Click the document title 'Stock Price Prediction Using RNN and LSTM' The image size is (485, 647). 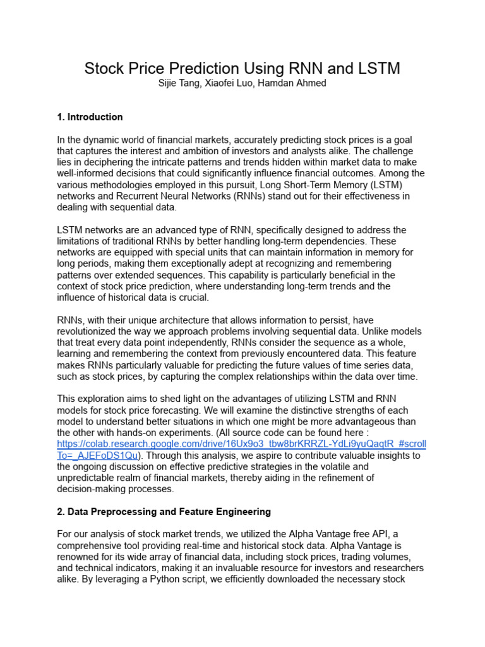242,68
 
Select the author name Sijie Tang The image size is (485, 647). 179,83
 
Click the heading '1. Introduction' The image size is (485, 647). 90,117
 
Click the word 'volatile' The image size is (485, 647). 368,467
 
